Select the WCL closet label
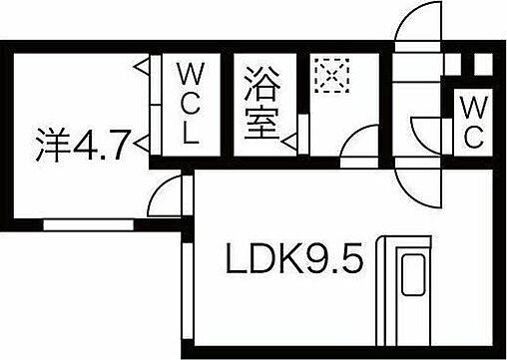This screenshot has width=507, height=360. (189, 105)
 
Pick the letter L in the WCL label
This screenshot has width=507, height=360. (189, 137)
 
